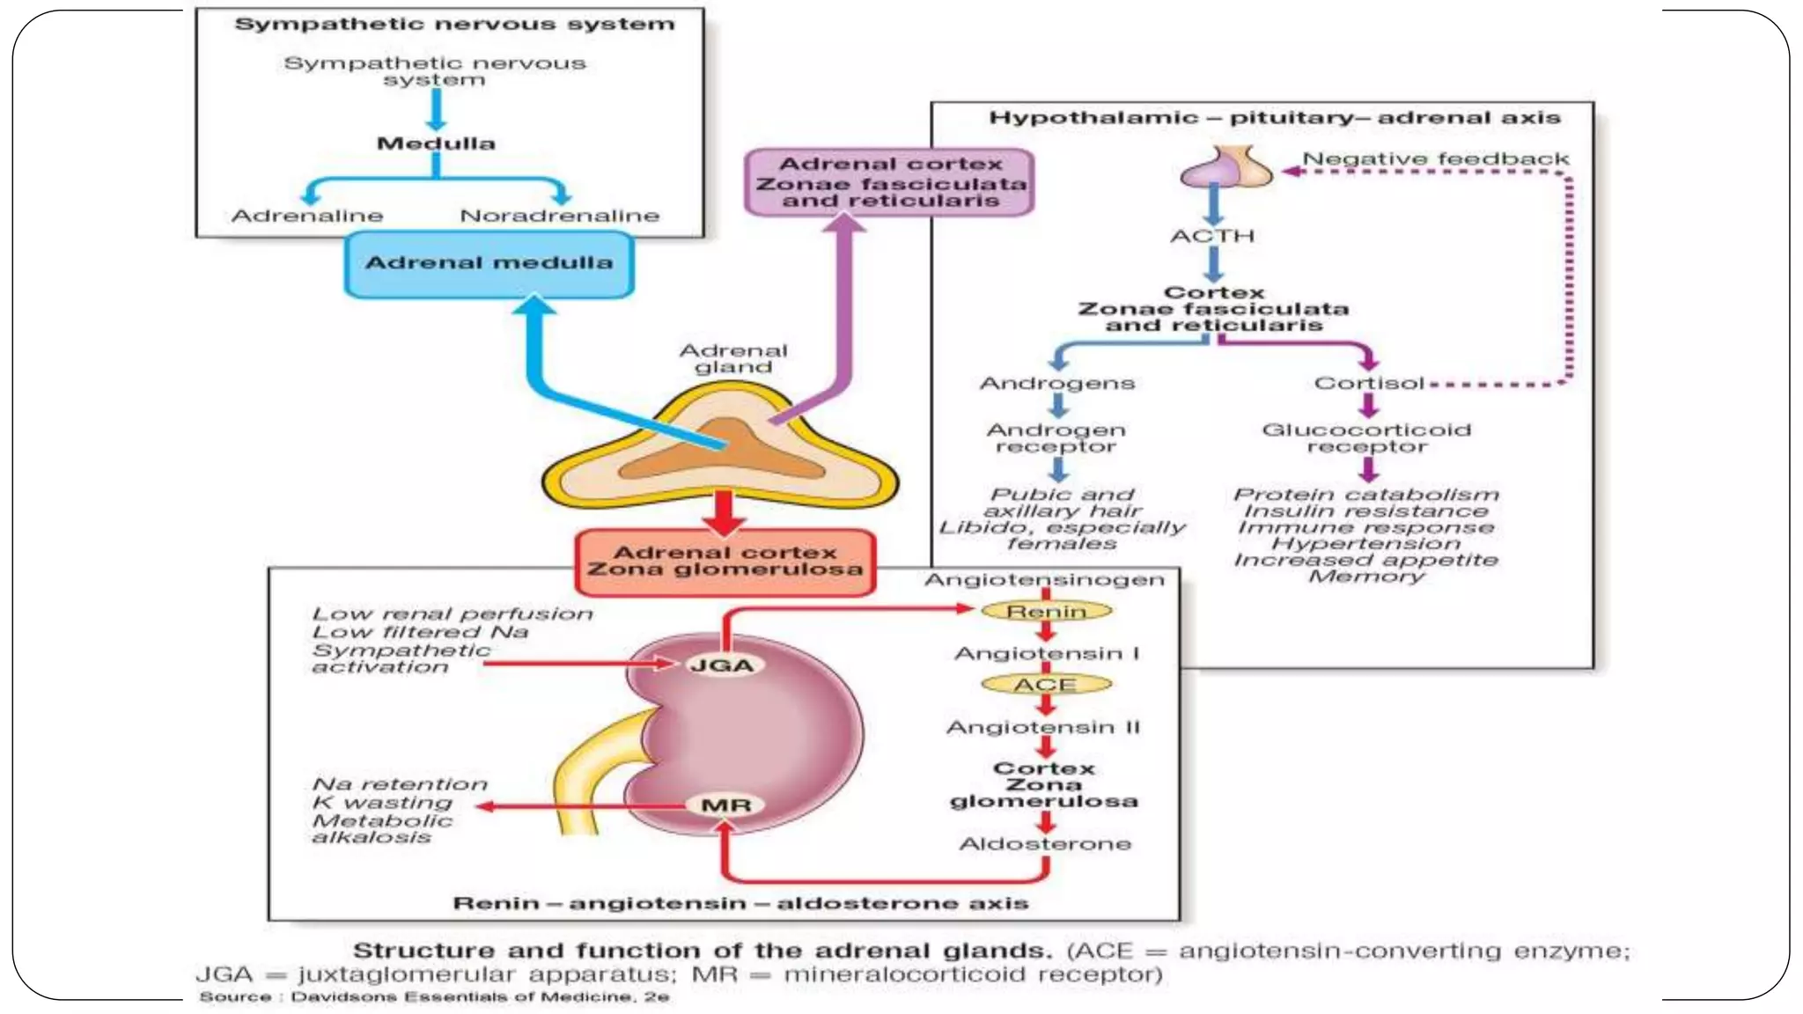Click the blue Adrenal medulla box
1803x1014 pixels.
coord(489,263)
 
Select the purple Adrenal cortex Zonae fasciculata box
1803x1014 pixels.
coord(889,182)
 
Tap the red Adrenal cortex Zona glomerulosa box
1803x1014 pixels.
coord(725,562)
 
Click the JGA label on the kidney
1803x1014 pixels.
coord(722,665)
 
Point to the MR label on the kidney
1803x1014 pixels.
coord(726,805)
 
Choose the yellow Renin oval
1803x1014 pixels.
coord(1046,611)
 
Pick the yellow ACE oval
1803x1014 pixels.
coord(1046,685)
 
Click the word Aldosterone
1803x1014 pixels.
coord(1045,844)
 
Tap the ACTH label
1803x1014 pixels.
coord(1212,236)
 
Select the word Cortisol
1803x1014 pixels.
coord(1368,384)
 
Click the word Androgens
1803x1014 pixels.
coord(1057,384)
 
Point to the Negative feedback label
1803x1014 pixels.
coord(1435,159)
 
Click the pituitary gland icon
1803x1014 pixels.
coord(1226,166)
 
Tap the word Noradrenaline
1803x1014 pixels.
coord(559,216)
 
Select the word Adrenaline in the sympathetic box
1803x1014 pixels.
coord(307,216)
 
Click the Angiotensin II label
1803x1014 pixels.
coord(1043,728)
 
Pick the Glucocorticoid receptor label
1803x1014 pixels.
coord(1366,438)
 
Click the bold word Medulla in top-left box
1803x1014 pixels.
coord(436,143)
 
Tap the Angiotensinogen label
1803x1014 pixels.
coord(1044,580)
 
